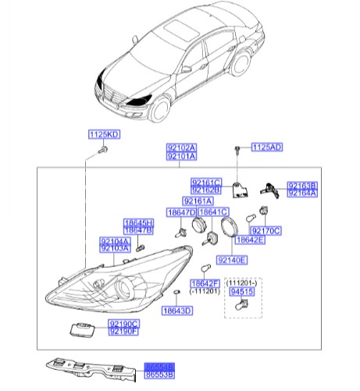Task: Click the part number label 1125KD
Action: (x=102, y=135)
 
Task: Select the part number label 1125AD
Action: (x=266, y=147)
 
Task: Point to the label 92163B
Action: (x=302, y=186)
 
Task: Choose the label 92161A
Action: (x=198, y=201)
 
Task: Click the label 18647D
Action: (x=180, y=212)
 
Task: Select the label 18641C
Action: (x=212, y=212)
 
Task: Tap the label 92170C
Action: (x=266, y=231)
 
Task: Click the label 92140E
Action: (x=232, y=259)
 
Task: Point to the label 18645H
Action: (x=138, y=224)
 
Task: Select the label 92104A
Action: (x=114, y=241)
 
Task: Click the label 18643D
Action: (x=177, y=310)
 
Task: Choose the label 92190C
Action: (x=123, y=323)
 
